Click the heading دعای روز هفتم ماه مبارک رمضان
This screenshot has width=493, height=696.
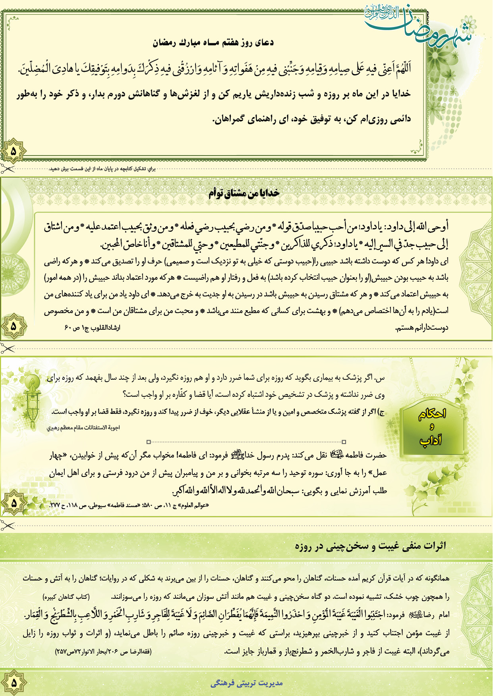[213, 42]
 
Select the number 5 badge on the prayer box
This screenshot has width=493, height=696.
[13, 151]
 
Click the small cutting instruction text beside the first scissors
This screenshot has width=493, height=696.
[102, 169]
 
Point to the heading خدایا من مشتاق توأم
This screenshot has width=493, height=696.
[244, 193]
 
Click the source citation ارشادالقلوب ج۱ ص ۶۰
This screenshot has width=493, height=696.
[92, 328]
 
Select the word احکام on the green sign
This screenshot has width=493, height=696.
[432, 414]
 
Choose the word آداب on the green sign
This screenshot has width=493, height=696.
[431, 440]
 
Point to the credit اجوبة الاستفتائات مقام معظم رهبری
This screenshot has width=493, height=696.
[83, 428]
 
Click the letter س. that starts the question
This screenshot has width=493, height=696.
[381, 378]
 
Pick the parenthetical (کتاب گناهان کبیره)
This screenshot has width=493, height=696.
[66, 597]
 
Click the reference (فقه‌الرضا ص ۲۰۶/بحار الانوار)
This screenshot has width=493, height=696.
[103, 651]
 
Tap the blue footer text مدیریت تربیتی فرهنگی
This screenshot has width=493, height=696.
[246, 683]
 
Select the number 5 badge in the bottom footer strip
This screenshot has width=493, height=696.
[14, 683]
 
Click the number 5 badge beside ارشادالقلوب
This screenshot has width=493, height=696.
[14, 327]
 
